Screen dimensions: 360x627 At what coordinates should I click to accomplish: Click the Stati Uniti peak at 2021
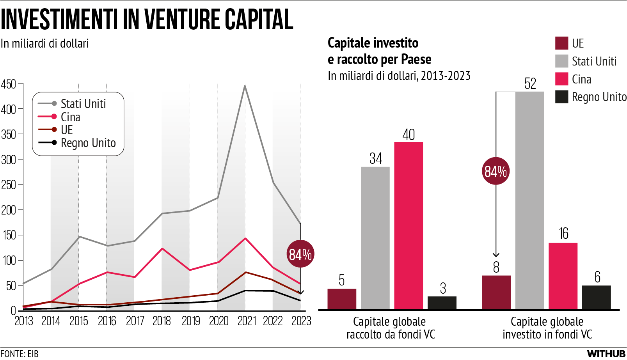coord(245,86)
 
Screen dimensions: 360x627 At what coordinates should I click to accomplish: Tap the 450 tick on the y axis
coord(9,84)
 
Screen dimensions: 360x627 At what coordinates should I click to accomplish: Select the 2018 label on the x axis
coord(162,321)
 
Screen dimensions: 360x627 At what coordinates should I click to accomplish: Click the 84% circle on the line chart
coord(300,254)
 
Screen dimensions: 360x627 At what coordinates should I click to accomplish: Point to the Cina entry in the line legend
coord(70,117)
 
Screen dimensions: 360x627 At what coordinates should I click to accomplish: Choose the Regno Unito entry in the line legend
coord(88,143)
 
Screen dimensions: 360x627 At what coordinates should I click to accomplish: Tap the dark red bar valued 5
coord(342,299)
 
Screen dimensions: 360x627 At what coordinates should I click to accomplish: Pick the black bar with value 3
coord(442,303)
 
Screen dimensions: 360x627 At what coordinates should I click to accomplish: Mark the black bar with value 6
coord(596,298)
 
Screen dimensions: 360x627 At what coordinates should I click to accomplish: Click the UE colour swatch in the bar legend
coord(561,43)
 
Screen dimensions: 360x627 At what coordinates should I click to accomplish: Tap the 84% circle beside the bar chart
coord(496,171)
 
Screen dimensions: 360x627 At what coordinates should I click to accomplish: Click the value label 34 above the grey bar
coord(375,158)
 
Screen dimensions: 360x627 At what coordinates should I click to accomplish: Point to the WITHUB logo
coord(606,354)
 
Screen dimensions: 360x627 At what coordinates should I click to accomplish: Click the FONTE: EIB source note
coord(20,354)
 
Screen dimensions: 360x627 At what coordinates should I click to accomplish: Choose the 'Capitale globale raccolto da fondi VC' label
coord(391,328)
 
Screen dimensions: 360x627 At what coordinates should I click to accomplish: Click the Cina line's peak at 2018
coord(162,248)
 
